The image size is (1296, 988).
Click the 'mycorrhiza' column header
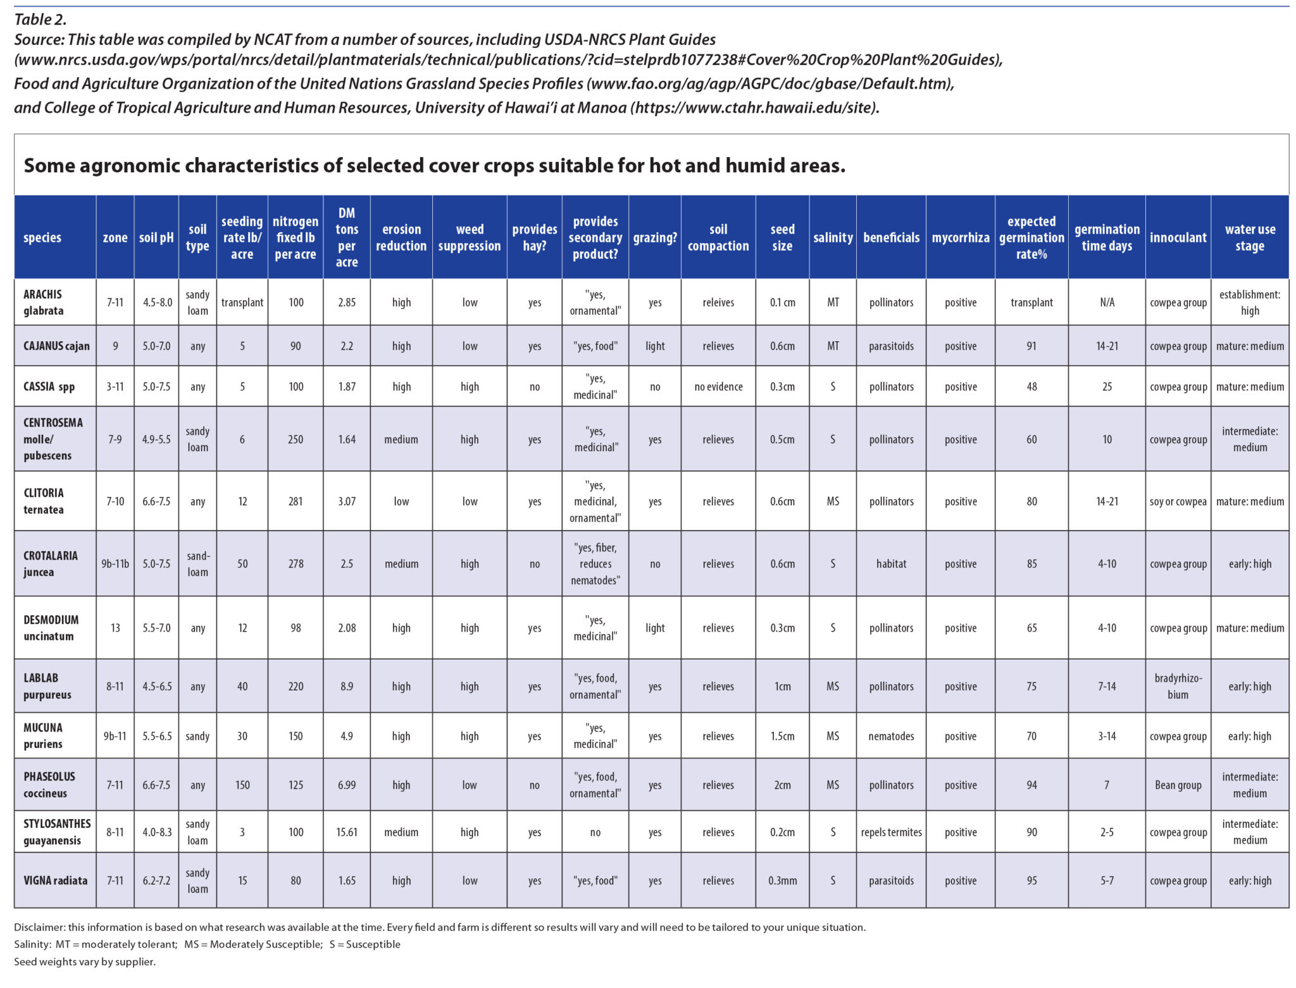tap(960, 237)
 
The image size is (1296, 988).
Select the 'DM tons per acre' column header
tap(346, 237)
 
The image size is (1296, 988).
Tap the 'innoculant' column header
tap(1178, 237)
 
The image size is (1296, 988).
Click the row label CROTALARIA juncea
tap(51, 563)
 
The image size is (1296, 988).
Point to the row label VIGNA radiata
tap(55, 880)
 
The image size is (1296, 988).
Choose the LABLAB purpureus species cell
tap(47, 686)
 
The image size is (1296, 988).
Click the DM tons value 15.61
tap(346, 832)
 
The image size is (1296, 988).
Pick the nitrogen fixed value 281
tap(296, 501)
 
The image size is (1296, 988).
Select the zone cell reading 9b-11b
tap(115, 563)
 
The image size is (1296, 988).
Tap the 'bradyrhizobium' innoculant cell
tap(1178, 686)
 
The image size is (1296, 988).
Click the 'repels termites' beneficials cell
tap(891, 832)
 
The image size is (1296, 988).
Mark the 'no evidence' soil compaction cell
tap(718, 387)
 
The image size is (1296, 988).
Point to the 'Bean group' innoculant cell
tap(1178, 785)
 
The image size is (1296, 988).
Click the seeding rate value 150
tap(242, 785)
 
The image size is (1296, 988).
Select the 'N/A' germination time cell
tap(1107, 303)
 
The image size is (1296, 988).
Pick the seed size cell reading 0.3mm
tap(782, 880)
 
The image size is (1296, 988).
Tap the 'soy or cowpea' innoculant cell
tap(1178, 501)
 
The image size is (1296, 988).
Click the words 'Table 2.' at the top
tap(40, 20)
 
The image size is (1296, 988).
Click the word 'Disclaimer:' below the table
tap(39, 927)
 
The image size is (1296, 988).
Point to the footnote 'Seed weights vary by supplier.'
tap(85, 961)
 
